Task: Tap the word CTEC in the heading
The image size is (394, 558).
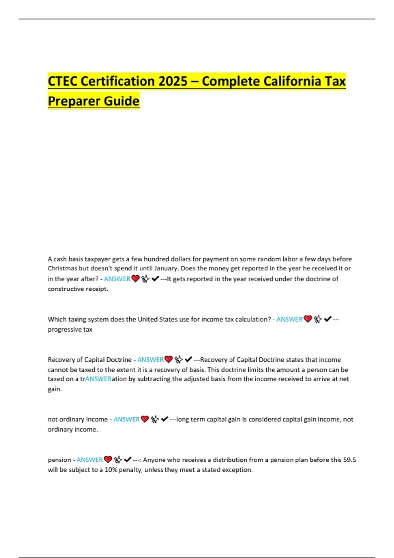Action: (x=62, y=81)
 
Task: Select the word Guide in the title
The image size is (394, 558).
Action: (x=120, y=101)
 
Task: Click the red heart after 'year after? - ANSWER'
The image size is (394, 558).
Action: (x=135, y=279)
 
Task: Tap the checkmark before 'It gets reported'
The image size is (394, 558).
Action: (x=155, y=279)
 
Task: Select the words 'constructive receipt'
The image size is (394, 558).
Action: (x=77, y=289)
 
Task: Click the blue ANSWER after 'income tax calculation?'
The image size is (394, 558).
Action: (x=289, y=319)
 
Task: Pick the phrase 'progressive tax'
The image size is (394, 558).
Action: (x=70, y=329)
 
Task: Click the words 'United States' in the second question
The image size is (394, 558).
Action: (x=158, y=319)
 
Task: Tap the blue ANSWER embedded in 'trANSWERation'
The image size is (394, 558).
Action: (x=98, y=379)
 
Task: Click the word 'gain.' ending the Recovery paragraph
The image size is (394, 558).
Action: (x=55, y=389)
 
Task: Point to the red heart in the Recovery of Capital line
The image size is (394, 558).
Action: (x=169, y=359)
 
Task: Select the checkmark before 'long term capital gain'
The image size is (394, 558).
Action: (x=165, y=419)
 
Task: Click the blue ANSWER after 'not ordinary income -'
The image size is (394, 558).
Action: (x=126, y=419)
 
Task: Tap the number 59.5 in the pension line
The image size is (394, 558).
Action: (x=350, y=460)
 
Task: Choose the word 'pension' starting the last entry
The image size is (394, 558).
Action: (x=59, y=460)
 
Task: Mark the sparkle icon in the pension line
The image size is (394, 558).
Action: (x=118, y=460)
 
